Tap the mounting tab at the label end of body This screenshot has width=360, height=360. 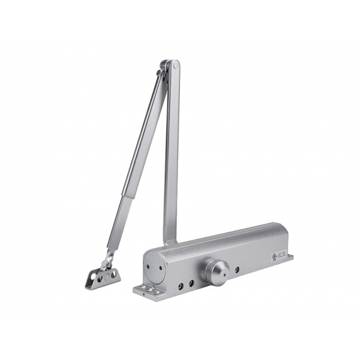coord(289,257)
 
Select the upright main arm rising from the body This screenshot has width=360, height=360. coord(171,152)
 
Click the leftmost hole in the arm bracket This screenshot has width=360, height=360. coord(92,276)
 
